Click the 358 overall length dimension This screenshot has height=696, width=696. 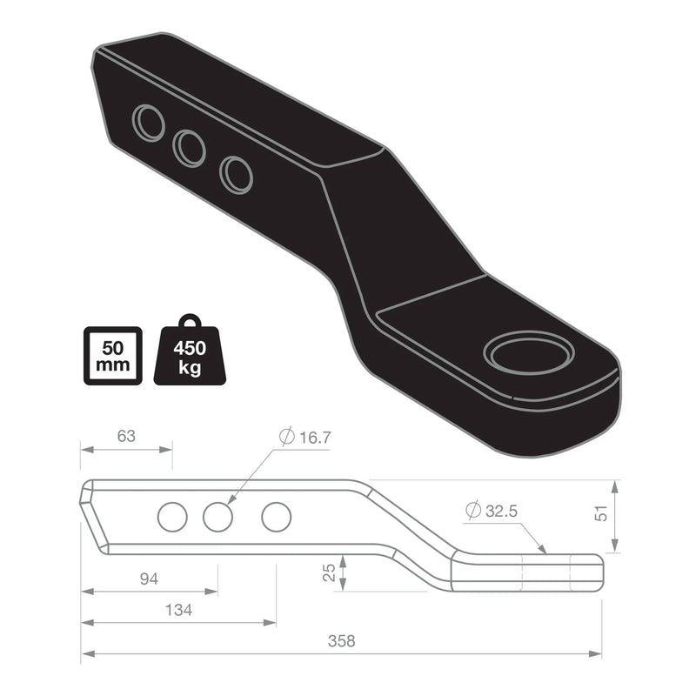tap(342, 641)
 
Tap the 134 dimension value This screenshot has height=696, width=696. tap(179, 610)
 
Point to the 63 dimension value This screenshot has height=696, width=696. tap(126, 437)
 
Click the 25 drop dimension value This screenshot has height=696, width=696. tap(328, 572)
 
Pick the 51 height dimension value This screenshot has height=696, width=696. tap(600, 515)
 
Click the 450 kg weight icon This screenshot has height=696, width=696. tap(190, 350)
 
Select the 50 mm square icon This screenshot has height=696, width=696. tap(112, 354)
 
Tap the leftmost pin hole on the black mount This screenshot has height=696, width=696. tap(149, 123)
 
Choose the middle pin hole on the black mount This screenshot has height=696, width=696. tap(189, 149)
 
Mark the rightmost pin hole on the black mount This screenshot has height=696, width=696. tap(236, 174)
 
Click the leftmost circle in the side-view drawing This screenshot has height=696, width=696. tap(172, 518)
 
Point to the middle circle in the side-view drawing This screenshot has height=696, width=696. tap(217, 518)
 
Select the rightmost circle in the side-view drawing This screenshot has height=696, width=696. tap(276, 518)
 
